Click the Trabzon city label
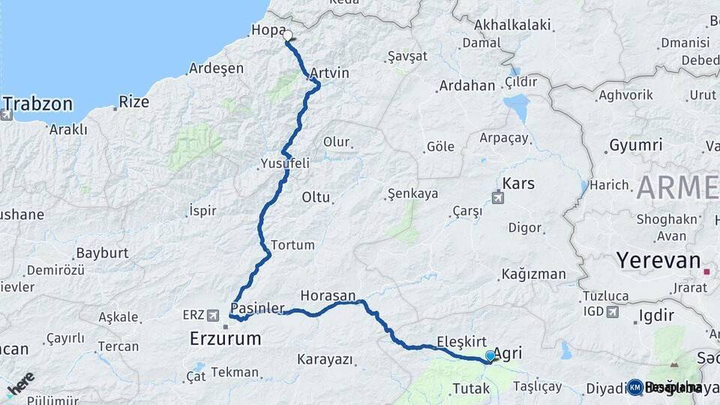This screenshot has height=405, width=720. click(38, 103)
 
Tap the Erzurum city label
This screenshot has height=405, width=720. click(225, 339)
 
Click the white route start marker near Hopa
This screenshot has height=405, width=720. click(287, 35)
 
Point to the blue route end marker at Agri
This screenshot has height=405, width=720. click(490, 356)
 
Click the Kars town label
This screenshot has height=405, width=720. click(518, 183)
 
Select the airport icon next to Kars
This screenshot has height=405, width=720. click(497, 198)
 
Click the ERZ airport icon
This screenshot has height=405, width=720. click(214, 316)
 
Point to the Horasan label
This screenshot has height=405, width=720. click(328, 295)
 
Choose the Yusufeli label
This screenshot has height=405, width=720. click(284, 163)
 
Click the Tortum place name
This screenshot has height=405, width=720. click(292, 244)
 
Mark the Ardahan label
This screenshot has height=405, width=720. click(466, 85)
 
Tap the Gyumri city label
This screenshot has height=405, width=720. click(635, 145)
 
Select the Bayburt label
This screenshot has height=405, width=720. click(103, 253)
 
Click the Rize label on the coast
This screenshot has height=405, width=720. click(134, 102)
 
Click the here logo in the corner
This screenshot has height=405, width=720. click(20, 384)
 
